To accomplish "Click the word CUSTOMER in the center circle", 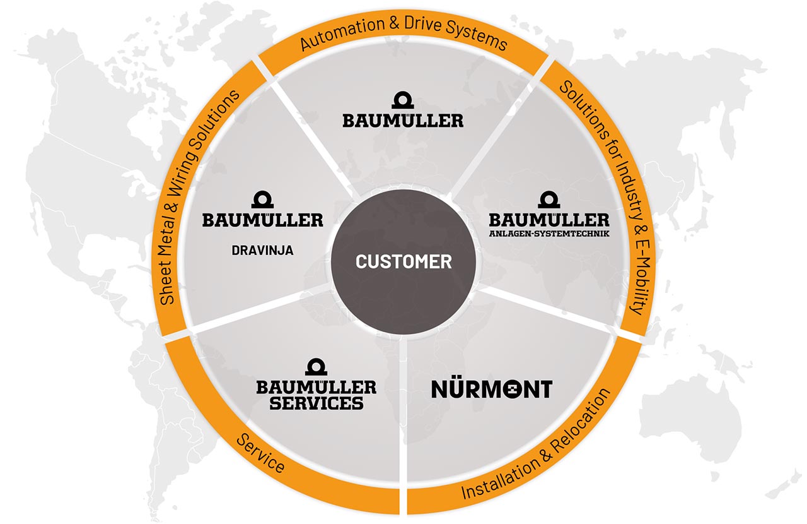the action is pyautogui.click(x=403, y=261).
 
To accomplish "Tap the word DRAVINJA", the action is pyautogui.click(x=262, y=251).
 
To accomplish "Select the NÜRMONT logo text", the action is pyautogui.click(x=491, y=388).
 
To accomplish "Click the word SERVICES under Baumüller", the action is pyautogui.click(x=316, y=403).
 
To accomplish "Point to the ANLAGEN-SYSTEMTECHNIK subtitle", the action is pyautogui.click(x=549, y=234).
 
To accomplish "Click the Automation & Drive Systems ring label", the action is pyautogui.click(x=403, y=32).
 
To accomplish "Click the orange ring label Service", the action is pyautogui.click(x=260, y=454).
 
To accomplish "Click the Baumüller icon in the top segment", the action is pyautogui.click(x=403, y=100).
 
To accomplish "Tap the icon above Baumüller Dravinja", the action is pyautogui.click(x=262, y=199).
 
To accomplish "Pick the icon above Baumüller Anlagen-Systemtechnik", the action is pyautogui.click(x=549, y=199).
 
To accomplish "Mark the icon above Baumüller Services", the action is pyautogui.click(x=316, y=367).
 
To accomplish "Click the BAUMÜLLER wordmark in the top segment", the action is pyautogui.click(x=403, y=121).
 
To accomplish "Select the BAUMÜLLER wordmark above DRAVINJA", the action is pyautogui.click(x=263, y=220).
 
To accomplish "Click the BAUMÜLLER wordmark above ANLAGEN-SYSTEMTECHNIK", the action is pyautogui.click(x=549, y=220).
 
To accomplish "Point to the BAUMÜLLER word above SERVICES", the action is pyautogui.click(x=316, y=387).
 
